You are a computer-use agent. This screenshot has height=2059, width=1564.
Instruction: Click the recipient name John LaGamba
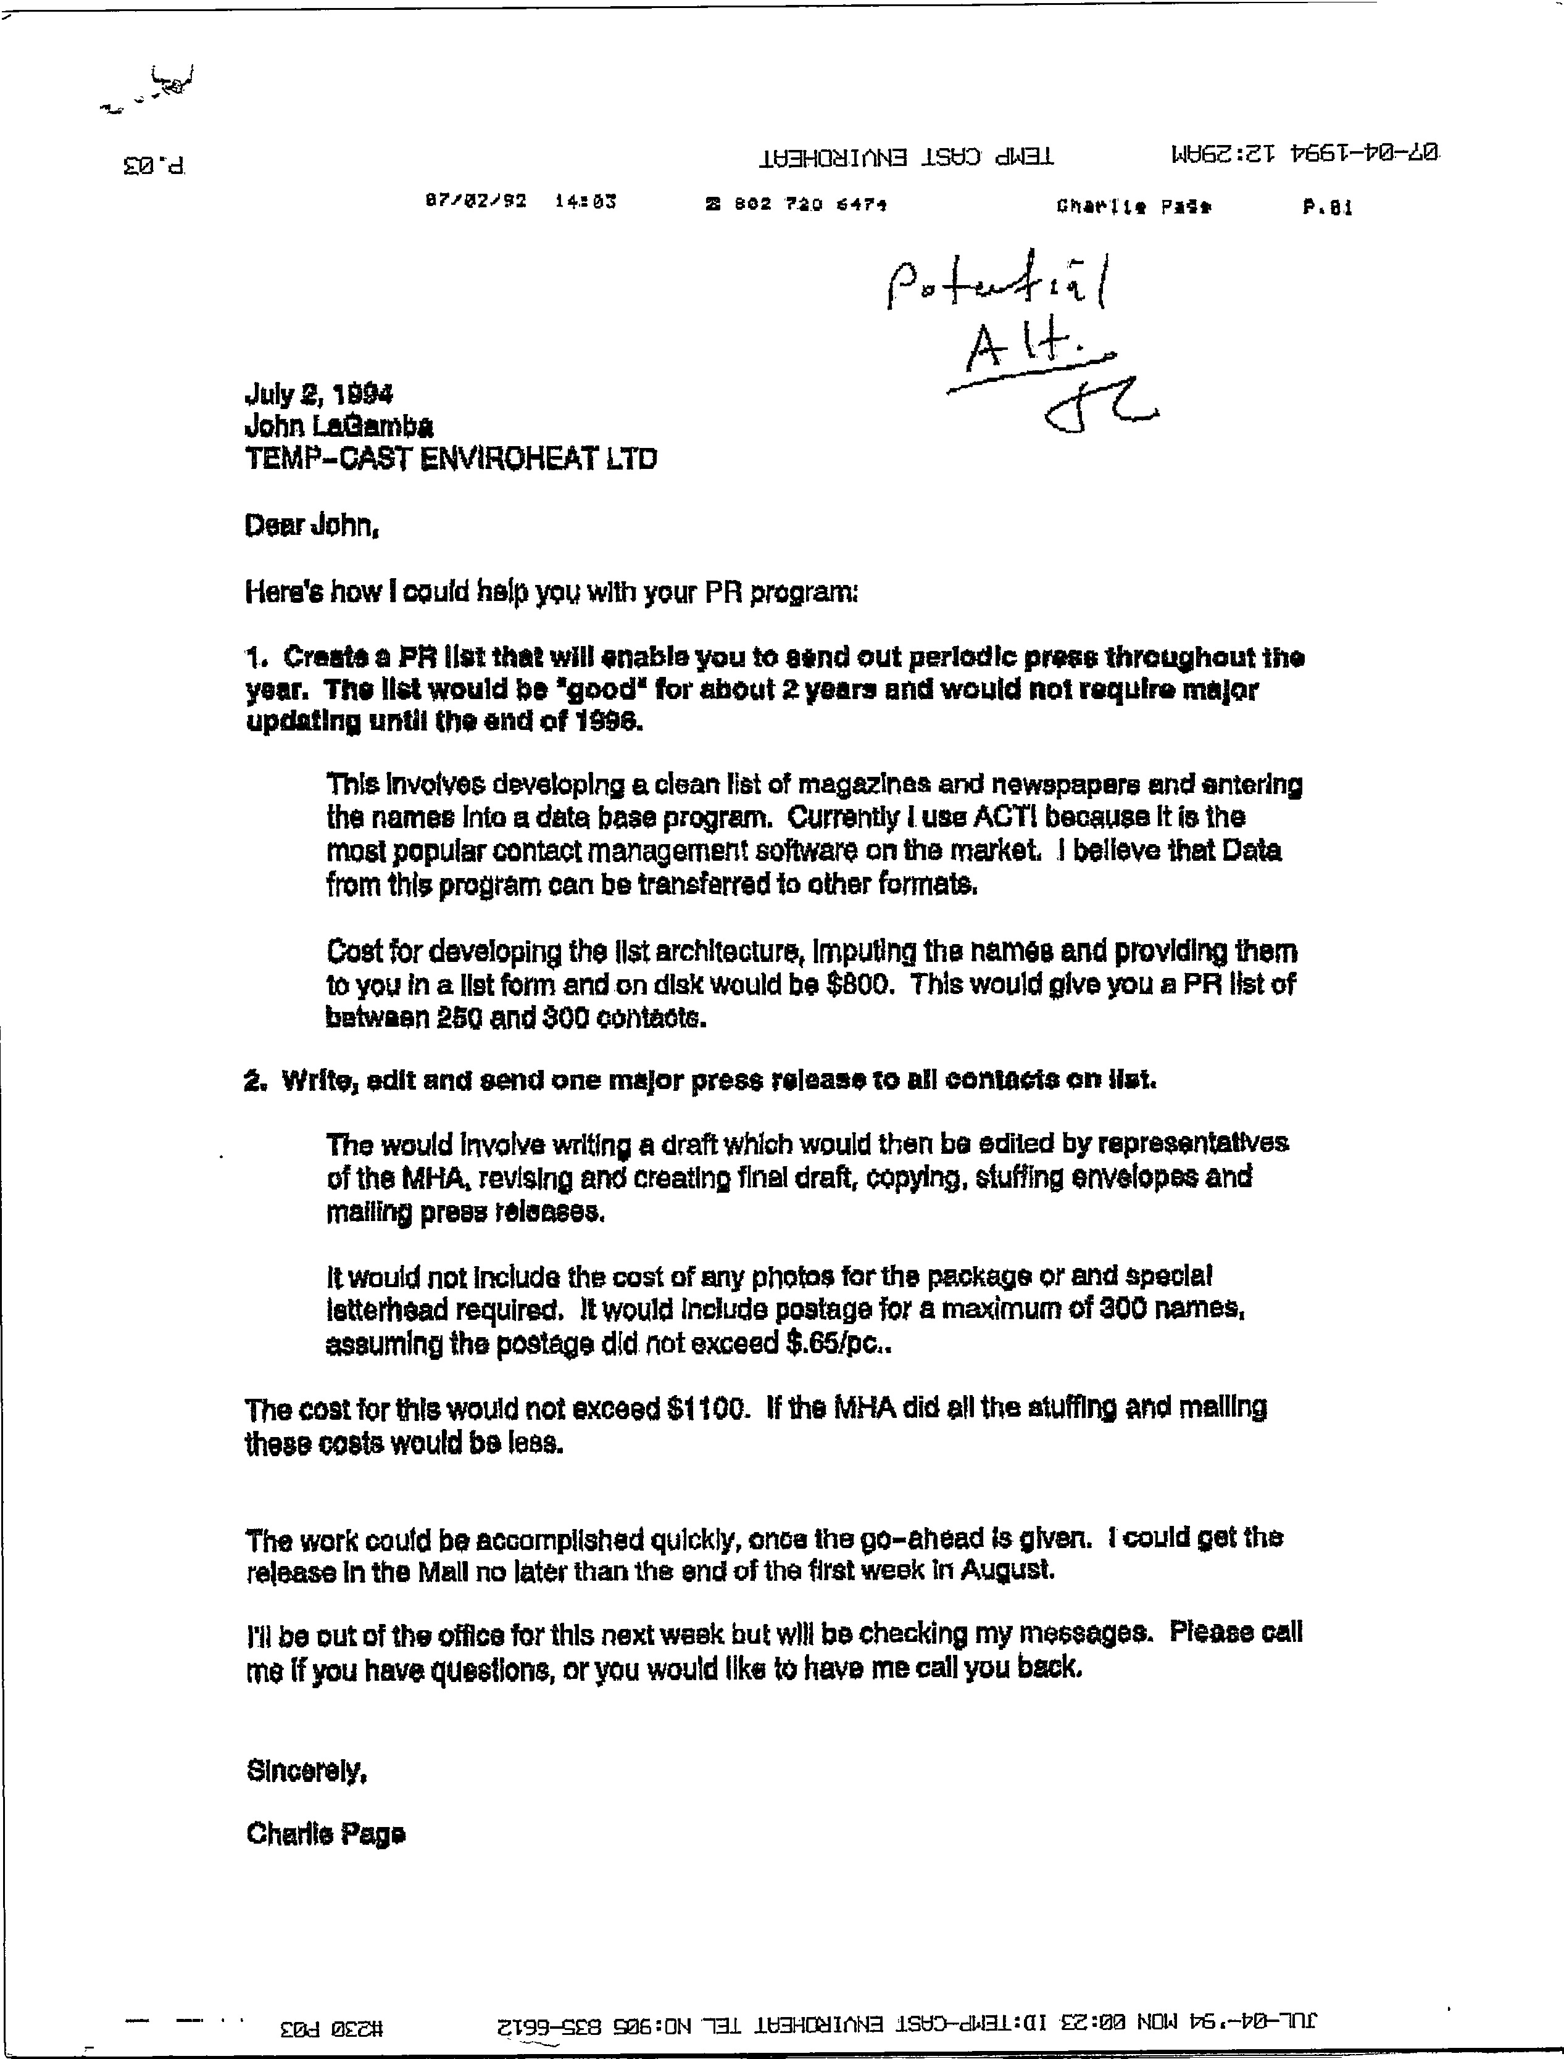[x=338, y=426]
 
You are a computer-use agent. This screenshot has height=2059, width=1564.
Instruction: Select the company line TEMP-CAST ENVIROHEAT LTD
[x=451, y=459]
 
